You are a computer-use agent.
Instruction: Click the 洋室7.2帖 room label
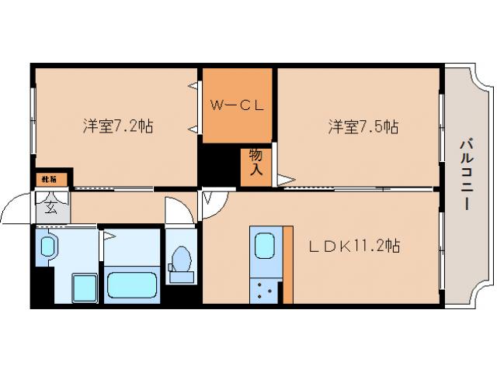[x=117, y=126]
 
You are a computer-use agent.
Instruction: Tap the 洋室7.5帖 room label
[x=363, y=126]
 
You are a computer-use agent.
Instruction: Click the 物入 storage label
[x=255, y=166]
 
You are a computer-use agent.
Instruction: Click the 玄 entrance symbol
[x=50, y=207]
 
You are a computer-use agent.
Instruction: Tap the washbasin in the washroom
[x=46, y=248]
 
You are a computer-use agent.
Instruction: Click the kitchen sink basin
[x=265, y=246]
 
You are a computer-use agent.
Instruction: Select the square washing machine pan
[x=82, y=290]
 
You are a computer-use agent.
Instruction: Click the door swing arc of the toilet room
[x=178, y=211]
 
